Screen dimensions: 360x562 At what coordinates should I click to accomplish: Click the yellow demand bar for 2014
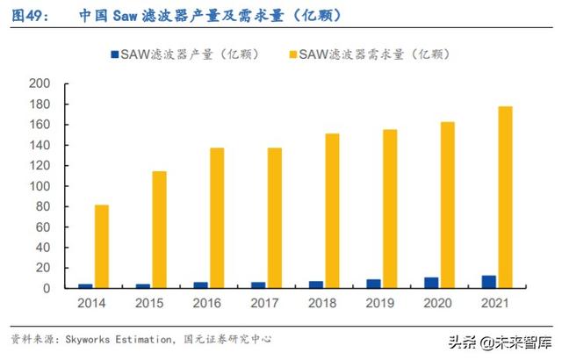point(102,247)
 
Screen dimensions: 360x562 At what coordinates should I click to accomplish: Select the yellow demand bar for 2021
point(505,198)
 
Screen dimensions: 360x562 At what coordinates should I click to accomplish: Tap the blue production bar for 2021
point(488,282)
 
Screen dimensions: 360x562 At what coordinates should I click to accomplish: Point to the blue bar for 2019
point(373,284)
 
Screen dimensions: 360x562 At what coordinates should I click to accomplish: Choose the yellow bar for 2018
point(332,211)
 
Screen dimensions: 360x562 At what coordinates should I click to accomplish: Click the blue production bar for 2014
point(85,285)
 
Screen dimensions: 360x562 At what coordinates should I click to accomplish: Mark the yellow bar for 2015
point(159,229)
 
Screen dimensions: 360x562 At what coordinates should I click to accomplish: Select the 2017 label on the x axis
point(266,305)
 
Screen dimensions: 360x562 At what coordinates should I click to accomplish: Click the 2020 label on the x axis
point(439,305)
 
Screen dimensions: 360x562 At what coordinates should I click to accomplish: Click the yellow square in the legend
point(291,54)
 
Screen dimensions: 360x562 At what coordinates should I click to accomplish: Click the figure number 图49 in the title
point(29,16)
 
